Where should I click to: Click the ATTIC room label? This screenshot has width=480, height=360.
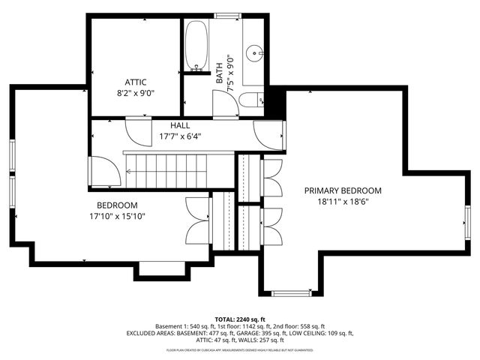135,82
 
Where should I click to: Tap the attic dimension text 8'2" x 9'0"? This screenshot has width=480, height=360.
135,94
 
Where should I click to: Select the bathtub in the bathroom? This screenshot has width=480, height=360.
196,45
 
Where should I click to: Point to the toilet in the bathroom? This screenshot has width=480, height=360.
256,99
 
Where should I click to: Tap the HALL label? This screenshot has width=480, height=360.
180,126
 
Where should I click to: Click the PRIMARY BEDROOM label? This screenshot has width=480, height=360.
342,190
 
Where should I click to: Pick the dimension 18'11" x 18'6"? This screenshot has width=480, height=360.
342,202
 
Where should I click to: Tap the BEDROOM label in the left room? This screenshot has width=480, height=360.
117,205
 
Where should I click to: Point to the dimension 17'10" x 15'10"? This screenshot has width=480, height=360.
117,217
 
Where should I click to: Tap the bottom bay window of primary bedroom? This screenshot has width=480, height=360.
295,291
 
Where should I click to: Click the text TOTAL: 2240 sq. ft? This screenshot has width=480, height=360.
240,319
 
